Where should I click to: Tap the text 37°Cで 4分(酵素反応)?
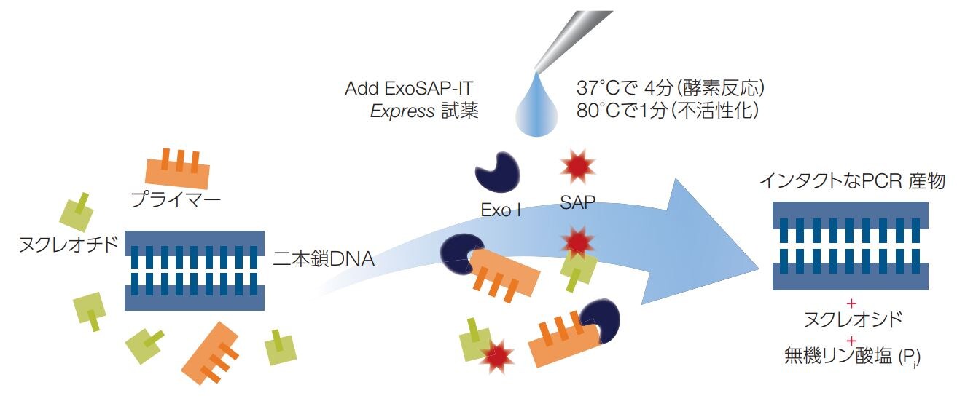[669, 90]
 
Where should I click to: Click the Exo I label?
[501, 211]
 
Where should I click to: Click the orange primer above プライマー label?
[178, 168]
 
